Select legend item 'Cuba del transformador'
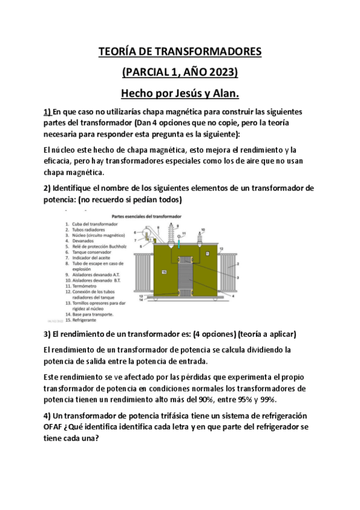pos(95,224)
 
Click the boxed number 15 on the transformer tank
pos(163,272)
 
